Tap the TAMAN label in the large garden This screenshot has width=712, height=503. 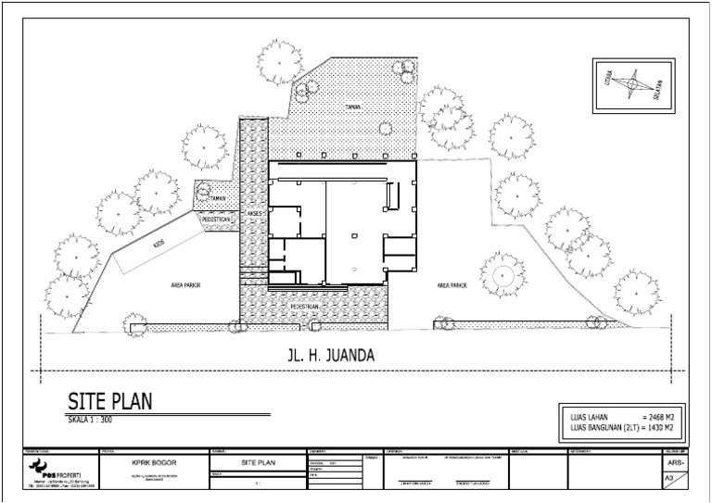tap(351, 107)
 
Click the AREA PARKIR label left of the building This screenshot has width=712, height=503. tap(186, 286)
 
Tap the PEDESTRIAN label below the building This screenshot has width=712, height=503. tap(305, 305)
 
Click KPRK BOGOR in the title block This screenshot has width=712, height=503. tap(155, 460)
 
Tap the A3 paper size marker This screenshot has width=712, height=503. tap(668, 478)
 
